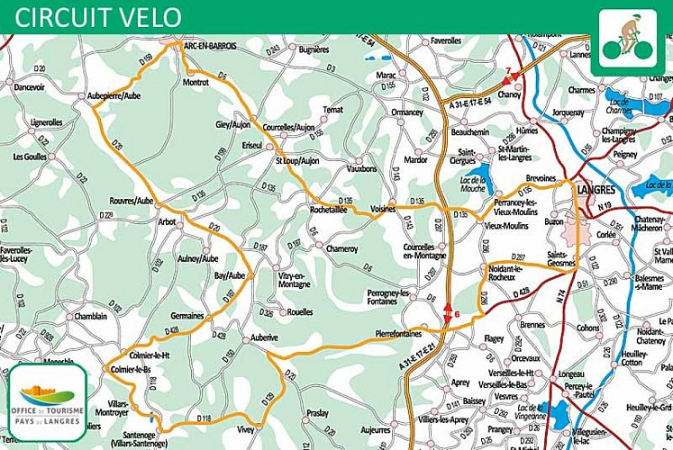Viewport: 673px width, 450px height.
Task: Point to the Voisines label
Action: pyautogui.click(x=383, y=208)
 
